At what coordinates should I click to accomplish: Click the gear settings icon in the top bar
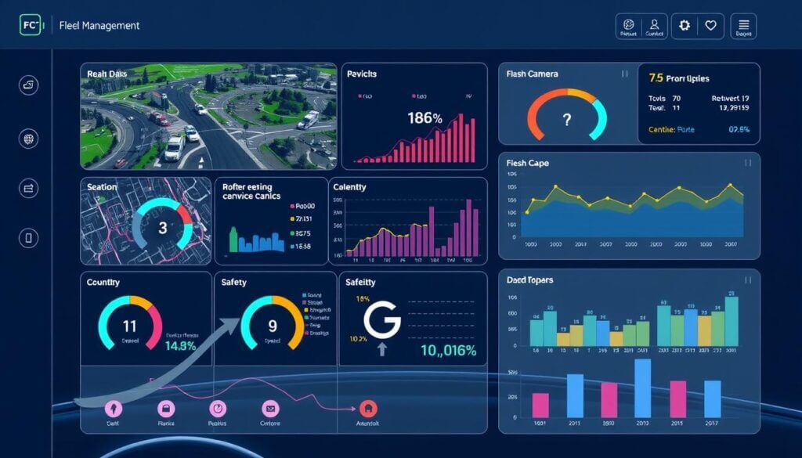[x=685, y=26]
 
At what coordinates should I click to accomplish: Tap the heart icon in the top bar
[x=710, y=26]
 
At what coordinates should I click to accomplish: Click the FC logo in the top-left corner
[x=30, y=25]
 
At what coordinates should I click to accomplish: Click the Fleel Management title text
[x=99, y=26]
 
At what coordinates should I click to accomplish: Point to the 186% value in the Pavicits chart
[x=425, y=118]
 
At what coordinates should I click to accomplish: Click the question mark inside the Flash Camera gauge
[x=567, y=121]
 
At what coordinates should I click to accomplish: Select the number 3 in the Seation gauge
[x=163, y=229]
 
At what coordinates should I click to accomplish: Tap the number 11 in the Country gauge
[x=129, y=326]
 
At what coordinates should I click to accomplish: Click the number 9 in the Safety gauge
[x=272, y=326]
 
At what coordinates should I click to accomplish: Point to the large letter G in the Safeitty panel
[x=382, y=320]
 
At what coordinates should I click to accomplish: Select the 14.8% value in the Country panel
[x=180, y=346]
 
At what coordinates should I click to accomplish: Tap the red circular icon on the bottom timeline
[x=367, y=408]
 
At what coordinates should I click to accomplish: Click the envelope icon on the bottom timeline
[x=269, y=408]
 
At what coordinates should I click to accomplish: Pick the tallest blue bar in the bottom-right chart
[x=643, y=388]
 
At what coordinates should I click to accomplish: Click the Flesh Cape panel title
[x=527, y=163]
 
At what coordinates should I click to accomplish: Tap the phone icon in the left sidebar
[x=29, y=239]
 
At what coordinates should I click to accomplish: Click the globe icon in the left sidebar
[x=29, y=139]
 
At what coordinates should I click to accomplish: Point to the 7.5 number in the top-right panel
[x=656, y=78]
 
